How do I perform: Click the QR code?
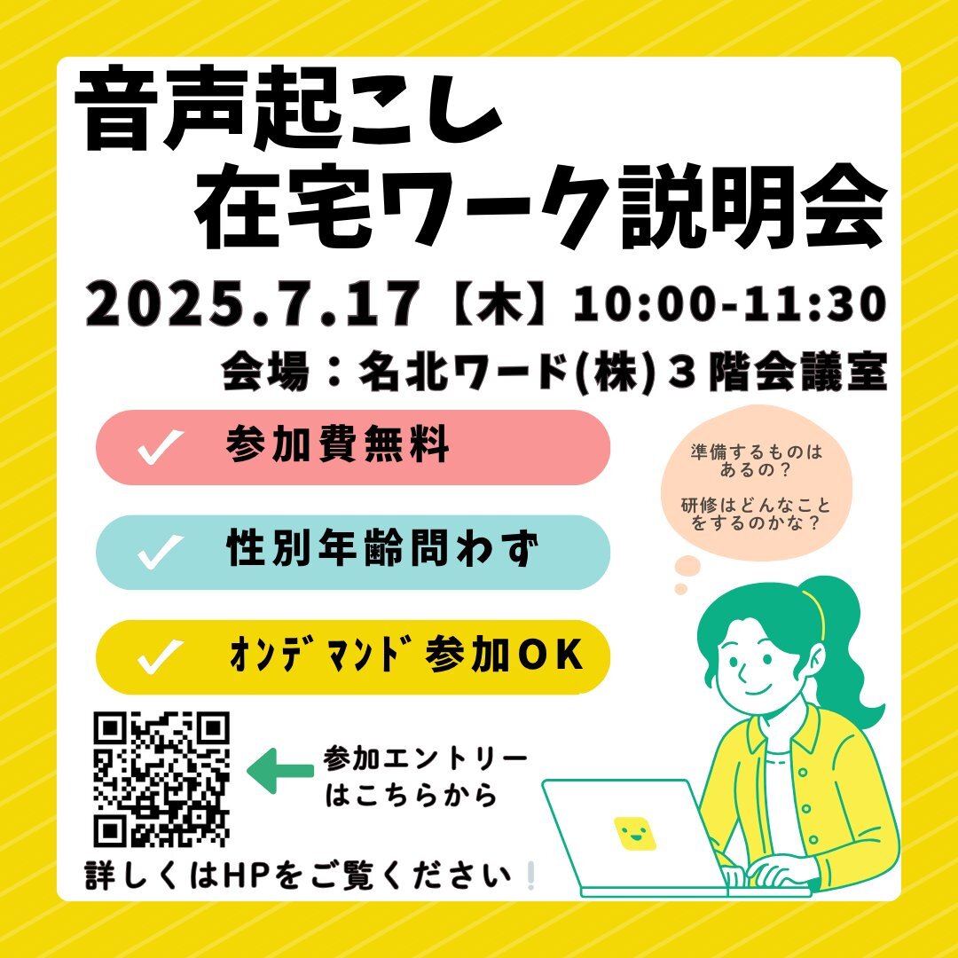tap(161, 780)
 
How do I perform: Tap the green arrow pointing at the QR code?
tap(280, 771)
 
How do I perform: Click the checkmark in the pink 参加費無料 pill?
tap(160, 446)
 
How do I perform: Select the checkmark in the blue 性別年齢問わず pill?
tap(160, 552)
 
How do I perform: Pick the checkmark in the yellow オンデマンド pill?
tap(160, 656)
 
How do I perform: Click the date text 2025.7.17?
tap(252, 303)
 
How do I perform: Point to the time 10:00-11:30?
tap(729, 303)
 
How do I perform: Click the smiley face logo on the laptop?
tap(635, 833)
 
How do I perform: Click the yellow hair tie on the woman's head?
tap(817, 613)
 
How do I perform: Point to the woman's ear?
tap(818, 664)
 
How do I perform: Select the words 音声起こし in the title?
tap(287, 111)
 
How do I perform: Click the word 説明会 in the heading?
tap(753, 207)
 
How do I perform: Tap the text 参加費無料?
tap(338, 444)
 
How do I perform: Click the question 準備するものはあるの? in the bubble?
tap(757, 460)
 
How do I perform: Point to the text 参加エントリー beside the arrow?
tap(425, 758)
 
